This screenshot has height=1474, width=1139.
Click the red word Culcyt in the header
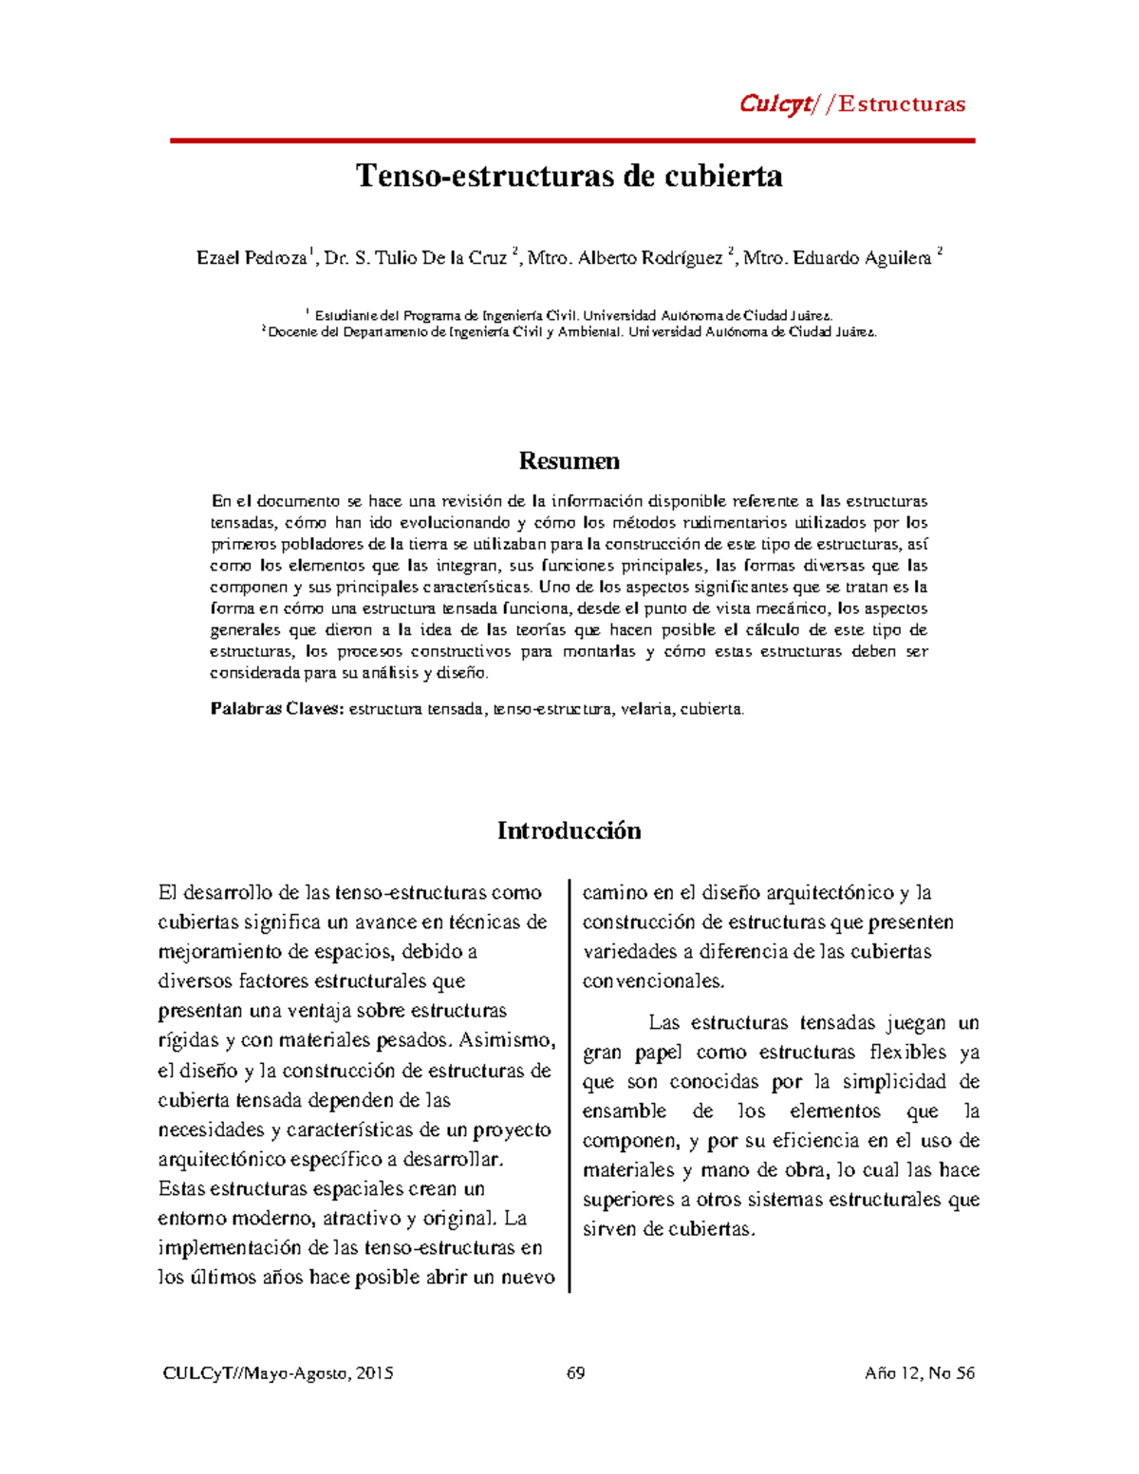[775, 104]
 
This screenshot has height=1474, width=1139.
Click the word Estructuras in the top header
[902, 104]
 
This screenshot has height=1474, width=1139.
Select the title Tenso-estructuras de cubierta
[569, 177]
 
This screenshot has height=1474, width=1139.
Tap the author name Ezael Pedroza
[252, 258]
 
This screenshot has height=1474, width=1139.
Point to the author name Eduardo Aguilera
[862, 258]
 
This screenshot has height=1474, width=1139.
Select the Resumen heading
[569, 461]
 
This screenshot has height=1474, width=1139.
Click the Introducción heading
[569, 830]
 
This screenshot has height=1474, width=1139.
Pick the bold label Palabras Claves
[276, 709]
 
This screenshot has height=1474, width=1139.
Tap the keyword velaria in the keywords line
[645, 709]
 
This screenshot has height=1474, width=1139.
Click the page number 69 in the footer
[575, 1373]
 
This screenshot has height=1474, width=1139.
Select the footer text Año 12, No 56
[920, 1373]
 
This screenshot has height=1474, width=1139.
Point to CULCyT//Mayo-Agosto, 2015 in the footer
[278, 1373]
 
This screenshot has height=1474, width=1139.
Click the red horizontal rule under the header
[572, 140]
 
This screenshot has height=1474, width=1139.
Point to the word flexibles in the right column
[908, 1053]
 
